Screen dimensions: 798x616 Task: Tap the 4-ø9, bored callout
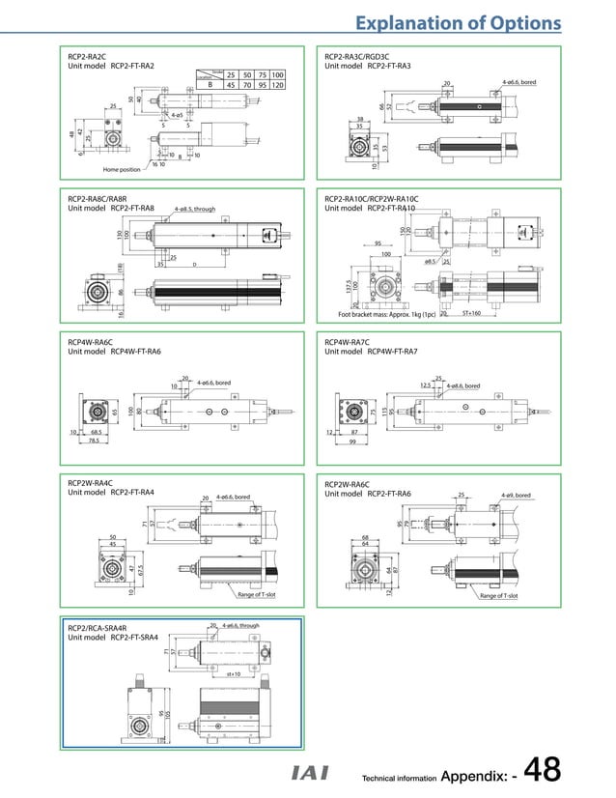click(x=516, y=496)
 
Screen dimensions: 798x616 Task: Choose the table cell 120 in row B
click(x=277, y=85)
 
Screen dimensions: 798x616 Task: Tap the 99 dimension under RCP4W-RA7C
click(x=353, y=442)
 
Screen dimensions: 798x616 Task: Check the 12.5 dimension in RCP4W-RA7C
click(x=424, y=385)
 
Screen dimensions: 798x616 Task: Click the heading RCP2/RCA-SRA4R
click(x=102, y=628)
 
